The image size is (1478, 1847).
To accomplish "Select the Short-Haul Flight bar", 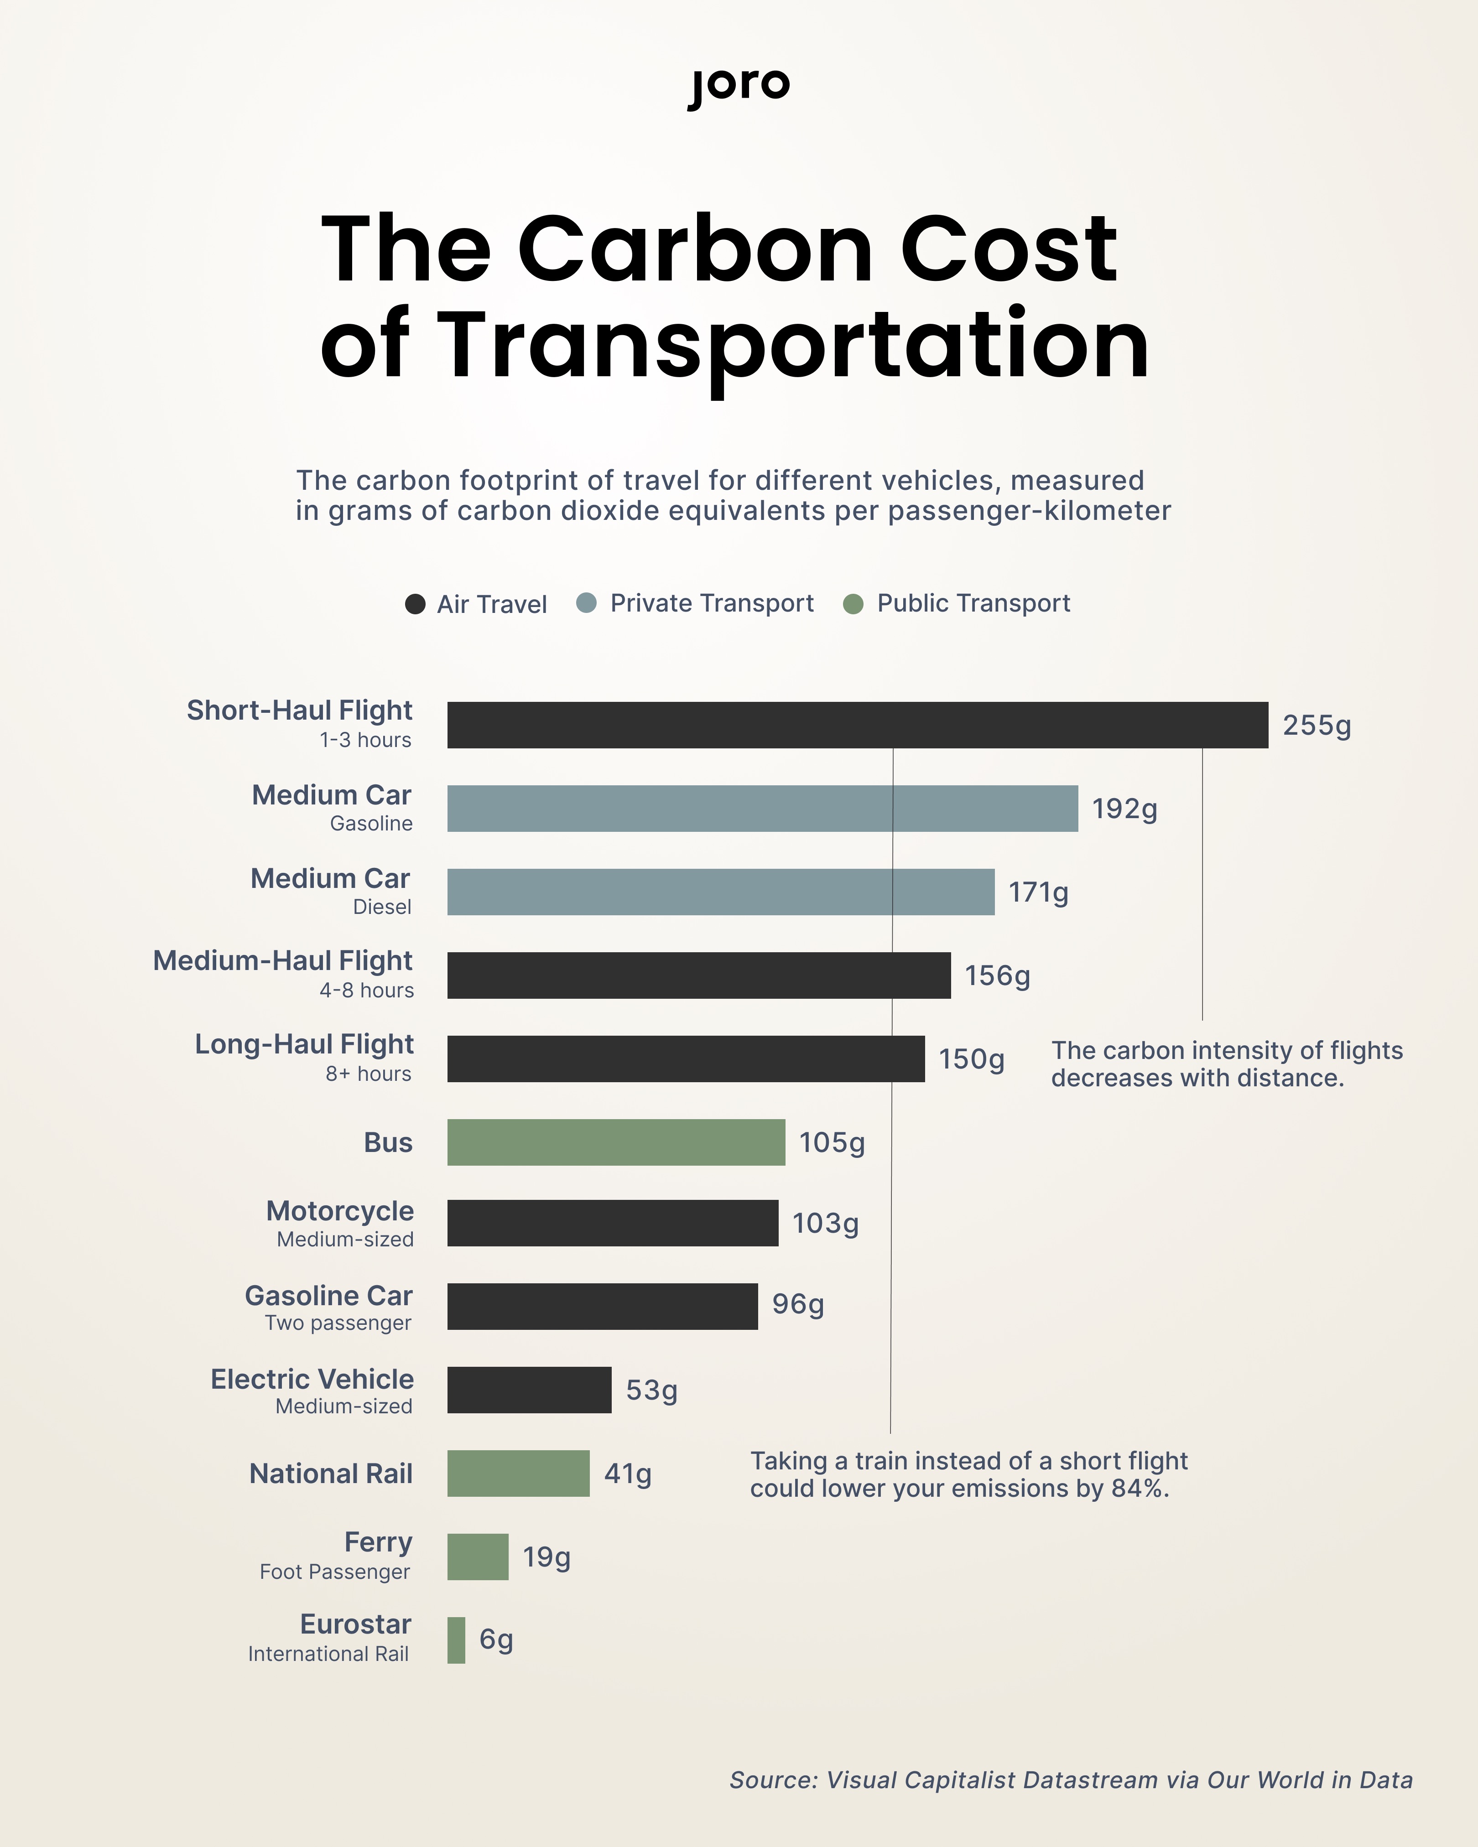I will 857,725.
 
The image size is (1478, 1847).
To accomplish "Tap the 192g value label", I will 1124,809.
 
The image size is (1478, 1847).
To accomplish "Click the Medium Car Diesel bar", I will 720,892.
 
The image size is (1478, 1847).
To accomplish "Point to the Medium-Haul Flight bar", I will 698,975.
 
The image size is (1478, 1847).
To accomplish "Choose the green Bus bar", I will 615,1142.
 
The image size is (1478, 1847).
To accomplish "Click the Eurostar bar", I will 456,1639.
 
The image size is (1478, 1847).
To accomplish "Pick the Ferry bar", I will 477,1556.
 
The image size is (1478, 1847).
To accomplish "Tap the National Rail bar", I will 517,1473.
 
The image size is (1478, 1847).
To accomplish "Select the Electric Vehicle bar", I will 529,1390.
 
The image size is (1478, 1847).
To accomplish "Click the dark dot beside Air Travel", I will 415,604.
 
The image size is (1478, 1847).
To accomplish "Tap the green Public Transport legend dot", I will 853,604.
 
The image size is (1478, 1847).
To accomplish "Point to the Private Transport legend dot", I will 586,603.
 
